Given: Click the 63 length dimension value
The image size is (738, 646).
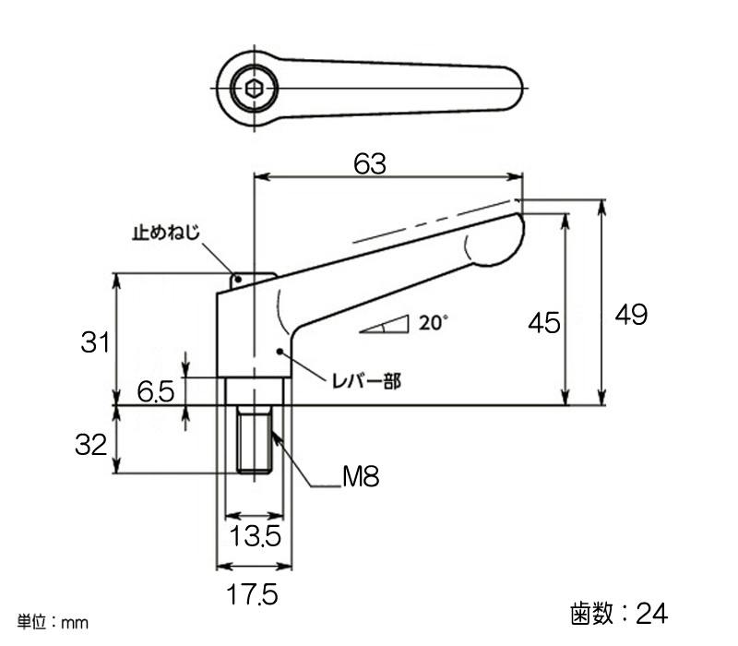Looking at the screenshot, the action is click(370, 164).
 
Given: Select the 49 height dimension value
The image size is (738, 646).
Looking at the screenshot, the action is click(631, 314).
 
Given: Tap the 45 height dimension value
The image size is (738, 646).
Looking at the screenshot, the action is click(544, 323).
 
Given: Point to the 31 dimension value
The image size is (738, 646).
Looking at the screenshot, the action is click(95, 342).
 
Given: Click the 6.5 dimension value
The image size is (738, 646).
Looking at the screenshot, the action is click(156, 391).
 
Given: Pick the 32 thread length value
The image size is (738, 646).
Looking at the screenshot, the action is click(90, 444).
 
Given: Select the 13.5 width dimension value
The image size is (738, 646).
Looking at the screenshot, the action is click(256, 536).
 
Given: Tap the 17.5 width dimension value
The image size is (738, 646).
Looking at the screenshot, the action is click(252, 594).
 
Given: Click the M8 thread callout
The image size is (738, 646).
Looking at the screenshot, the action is click(361, 476).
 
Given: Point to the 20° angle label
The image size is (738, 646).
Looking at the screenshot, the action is click(433, 323).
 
